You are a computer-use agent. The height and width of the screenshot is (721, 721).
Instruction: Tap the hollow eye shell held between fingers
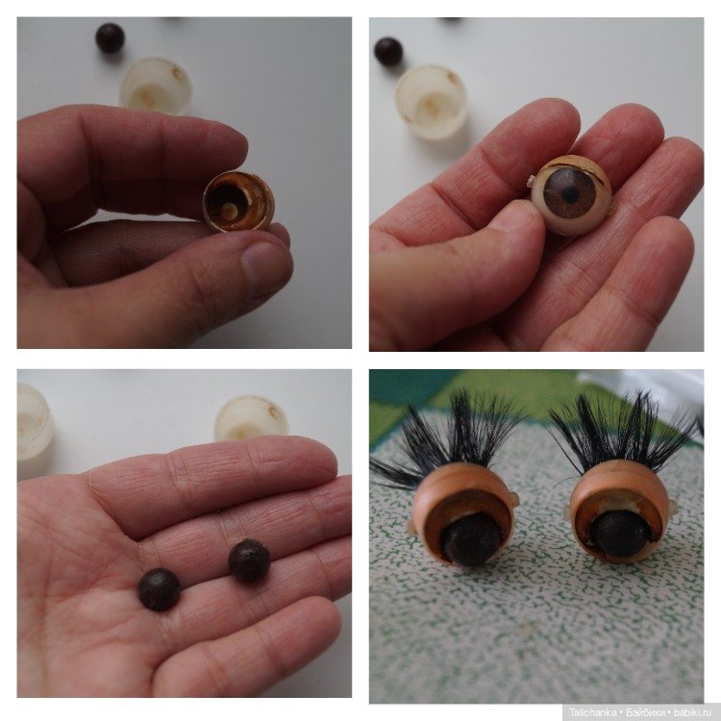tap(238, 202)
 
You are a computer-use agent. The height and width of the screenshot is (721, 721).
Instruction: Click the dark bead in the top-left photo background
tap(110, 37)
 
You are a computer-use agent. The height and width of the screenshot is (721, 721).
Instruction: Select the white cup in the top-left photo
tap(156, 86)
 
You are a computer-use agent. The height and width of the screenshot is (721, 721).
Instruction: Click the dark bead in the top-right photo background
tap(388, 52)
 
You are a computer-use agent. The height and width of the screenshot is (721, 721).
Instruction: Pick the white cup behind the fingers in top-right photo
tap(432, 102)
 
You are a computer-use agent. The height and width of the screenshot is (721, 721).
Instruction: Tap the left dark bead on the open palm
tap(159, 589)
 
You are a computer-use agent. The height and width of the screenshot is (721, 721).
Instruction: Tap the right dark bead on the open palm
tap(249, 559)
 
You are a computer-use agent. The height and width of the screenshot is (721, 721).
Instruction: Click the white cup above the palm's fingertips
tap(251, 417)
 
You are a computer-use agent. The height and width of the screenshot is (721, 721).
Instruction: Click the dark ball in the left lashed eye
tap(470, 539)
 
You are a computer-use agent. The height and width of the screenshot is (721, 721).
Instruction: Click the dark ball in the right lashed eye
tap(621, 534)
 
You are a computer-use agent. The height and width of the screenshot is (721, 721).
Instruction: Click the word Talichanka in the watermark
tap(593, 712)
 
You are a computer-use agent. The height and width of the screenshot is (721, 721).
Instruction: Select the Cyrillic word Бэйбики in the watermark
tap(645, 712)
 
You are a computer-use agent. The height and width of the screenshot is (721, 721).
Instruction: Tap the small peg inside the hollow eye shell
tap(228, 211)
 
